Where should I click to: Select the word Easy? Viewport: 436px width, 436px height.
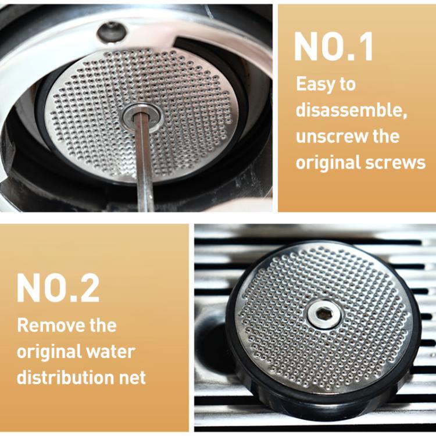click(316, 84)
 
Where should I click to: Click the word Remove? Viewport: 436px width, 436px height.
click(44, 325)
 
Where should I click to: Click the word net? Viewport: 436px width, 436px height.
click(134, 378)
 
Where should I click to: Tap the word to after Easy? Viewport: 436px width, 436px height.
click(347, 84)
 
